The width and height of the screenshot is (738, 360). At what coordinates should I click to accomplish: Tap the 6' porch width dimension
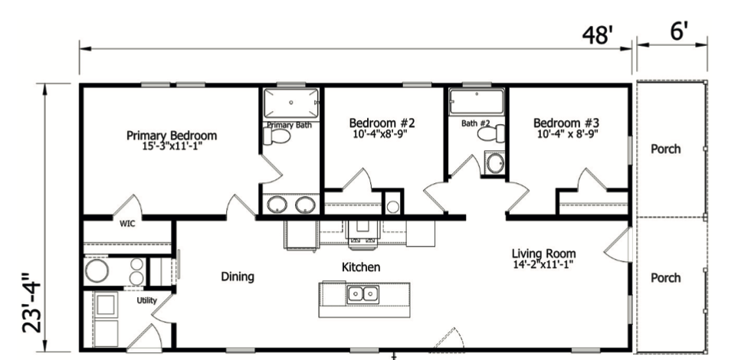tap(679, 32)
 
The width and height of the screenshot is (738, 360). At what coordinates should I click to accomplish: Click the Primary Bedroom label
tap(172, 136)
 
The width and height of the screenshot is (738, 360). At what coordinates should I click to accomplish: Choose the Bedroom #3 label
tap(566, 123)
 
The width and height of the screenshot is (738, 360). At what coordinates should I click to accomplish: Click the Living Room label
tap(544, 254)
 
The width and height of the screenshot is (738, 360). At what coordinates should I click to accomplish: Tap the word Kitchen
tap(361, 267)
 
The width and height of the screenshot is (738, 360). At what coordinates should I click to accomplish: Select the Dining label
tap(238, 277)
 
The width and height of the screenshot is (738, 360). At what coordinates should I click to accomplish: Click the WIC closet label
tap(126, 225)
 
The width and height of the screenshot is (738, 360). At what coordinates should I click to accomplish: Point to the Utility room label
tap(147, 301)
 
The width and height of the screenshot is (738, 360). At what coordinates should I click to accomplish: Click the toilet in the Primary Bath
tap(277, 136)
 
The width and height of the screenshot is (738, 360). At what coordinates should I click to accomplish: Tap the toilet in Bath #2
tap(490, 134)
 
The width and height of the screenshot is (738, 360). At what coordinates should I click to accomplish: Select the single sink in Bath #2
tap(495, 163)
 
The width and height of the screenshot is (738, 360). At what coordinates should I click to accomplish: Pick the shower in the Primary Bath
tap(290, 103)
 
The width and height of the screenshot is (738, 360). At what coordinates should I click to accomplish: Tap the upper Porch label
tap(665, 149)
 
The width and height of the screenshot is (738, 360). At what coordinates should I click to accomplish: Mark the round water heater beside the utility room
tap(98, 270)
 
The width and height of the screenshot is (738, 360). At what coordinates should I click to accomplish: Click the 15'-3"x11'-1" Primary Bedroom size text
tap(172, 146)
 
